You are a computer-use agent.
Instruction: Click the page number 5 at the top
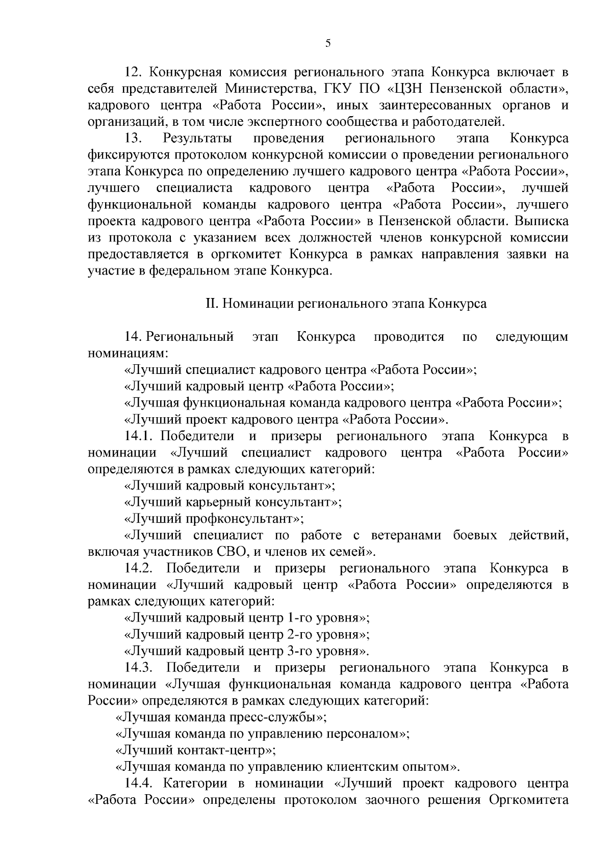tap(328, 44)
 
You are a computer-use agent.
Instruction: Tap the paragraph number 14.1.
tap(139, 436)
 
